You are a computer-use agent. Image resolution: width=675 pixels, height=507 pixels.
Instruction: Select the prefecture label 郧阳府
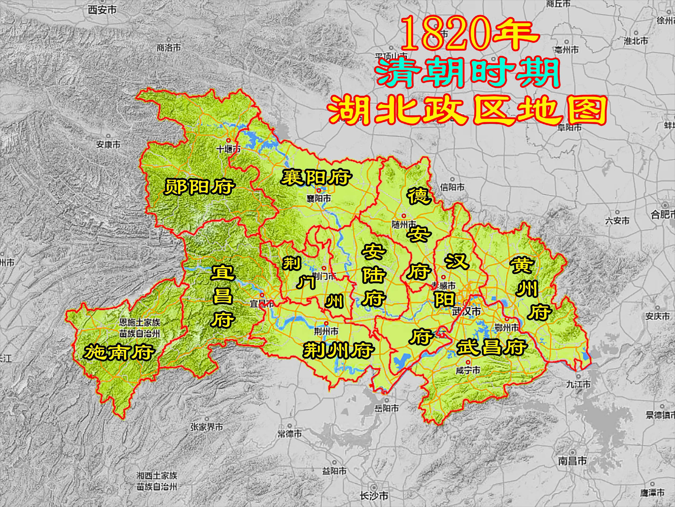200,187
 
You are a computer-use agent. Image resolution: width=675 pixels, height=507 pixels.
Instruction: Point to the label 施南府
119,352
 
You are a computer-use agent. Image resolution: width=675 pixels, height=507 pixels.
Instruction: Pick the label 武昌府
492,347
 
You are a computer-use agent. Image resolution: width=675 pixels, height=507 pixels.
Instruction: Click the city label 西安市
102,10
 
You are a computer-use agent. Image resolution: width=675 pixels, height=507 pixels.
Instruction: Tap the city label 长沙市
374,495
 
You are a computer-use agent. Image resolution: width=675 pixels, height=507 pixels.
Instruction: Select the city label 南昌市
573,461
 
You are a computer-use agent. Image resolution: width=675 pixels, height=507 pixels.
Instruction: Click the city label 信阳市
452,187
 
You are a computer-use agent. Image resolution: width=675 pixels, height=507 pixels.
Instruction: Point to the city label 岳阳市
386,408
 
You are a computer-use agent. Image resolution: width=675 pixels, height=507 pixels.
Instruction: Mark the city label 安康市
108,144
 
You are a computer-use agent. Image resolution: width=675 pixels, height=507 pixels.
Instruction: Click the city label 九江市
578,384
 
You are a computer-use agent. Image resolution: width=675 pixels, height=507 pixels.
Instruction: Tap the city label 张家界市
207,427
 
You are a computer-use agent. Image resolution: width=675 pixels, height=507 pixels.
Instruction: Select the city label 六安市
617,220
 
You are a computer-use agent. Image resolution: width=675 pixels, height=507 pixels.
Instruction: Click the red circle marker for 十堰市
228,140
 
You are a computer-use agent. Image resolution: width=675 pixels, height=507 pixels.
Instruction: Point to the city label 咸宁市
468,370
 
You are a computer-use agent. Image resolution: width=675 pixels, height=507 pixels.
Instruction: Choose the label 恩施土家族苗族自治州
140,328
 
